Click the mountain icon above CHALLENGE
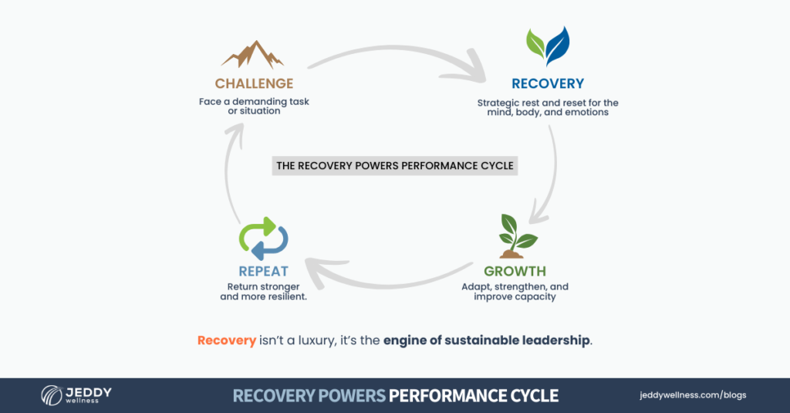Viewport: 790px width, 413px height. pyautogui.click(x=252, y=55)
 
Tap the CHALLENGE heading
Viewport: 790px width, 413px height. pyautogui.click(x=254, y=83)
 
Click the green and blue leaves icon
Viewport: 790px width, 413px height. pyautogui.click(x=548, y=46)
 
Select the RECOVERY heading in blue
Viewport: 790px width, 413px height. pyautogui.click(x=548, y=83)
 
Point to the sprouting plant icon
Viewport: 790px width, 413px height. pyautogui.click(x=515, y=235)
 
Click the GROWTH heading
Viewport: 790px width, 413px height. pyautogui.click(x=515, y=271)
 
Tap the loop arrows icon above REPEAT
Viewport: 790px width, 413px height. pyautogui.click(x=263, y=238)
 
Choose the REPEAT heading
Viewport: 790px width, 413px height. pyautogui.click(x=263, y=271)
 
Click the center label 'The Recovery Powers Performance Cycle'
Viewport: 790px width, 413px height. pyautogui.click(x=395, y=165)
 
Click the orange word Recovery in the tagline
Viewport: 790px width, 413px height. pyautogui.click(x=226, y=340)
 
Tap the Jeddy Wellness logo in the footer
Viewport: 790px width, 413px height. pyautogui.click(x=76, y=395)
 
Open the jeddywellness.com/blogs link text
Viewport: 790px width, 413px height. pyautogui.click(x=693, y=395)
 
